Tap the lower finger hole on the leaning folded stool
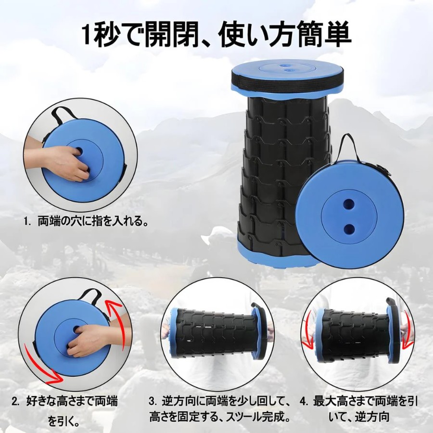(x=350, y=228)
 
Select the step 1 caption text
(x=86, y=221)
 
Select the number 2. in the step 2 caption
(x=16, y=401)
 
